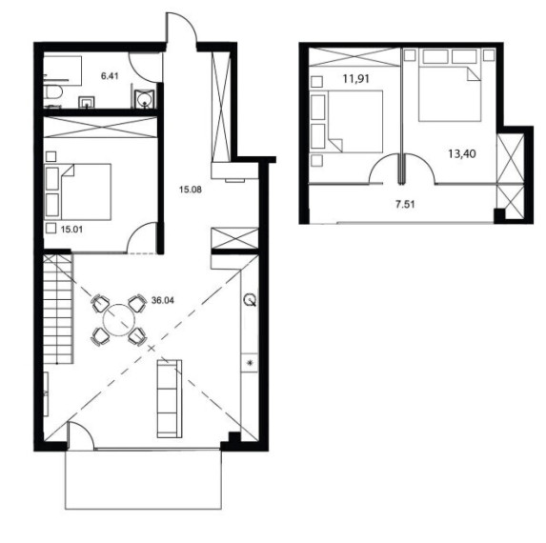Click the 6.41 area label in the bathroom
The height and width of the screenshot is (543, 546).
click(x=110, y=76)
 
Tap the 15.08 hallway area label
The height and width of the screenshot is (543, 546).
click(x=191, y=190)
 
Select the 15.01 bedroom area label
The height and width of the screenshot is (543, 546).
click(x=71, y=230)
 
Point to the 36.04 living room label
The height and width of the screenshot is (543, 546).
click(x=163, y=300)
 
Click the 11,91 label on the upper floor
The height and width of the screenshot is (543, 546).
click(x=355, y=79)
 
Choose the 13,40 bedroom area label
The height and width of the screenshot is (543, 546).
click(x=462, y=153)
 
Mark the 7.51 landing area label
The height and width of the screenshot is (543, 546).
click(x=405, y=204)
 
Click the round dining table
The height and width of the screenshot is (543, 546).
click(x=118, y=320)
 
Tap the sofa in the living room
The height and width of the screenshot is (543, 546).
click(x=170, y=398)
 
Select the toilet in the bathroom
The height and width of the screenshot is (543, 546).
click(x=53, y=92)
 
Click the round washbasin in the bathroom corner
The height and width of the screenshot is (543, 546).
click(x=145, y=98)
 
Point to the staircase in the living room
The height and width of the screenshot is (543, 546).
click(x=58, y=309)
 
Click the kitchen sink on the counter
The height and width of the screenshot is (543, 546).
click(x=250, y=300)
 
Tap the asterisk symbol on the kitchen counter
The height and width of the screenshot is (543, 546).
click(x=250, y=363)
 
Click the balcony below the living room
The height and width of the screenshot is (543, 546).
click(x=143, y=480)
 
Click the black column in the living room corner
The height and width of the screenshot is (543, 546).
click(x=234, y=437)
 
